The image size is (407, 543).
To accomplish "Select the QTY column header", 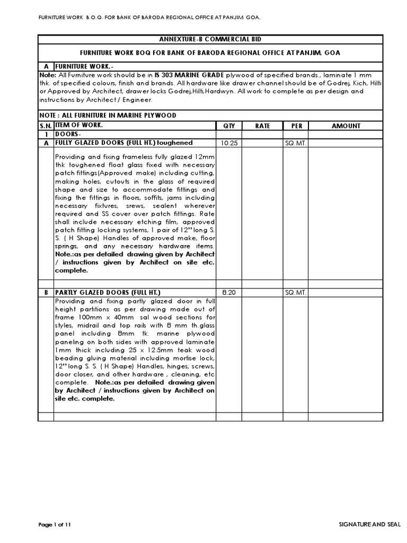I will click(x=229, y=126).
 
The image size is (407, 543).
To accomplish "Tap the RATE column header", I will click(x=263, y=126).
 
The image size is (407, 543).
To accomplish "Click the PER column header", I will click(x=296, y=126).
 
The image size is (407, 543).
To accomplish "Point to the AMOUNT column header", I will click(x=346, y=126).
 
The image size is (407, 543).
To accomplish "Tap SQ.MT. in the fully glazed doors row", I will click(x=296, y=143).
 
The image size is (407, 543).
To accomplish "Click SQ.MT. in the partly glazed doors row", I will click(x=296, y=293).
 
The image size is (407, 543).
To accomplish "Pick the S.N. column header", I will click(x=46, y=126).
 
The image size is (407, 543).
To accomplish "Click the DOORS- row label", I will click(x=69, y=135).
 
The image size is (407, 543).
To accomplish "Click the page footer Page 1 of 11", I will click(x=55, y=524).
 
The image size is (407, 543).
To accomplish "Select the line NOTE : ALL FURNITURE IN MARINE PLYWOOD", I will click(x=108, y=116).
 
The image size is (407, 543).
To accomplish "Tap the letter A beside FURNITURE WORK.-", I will click(x=46, y=67).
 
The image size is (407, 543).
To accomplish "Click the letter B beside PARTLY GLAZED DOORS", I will click(x=46, y=293).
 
